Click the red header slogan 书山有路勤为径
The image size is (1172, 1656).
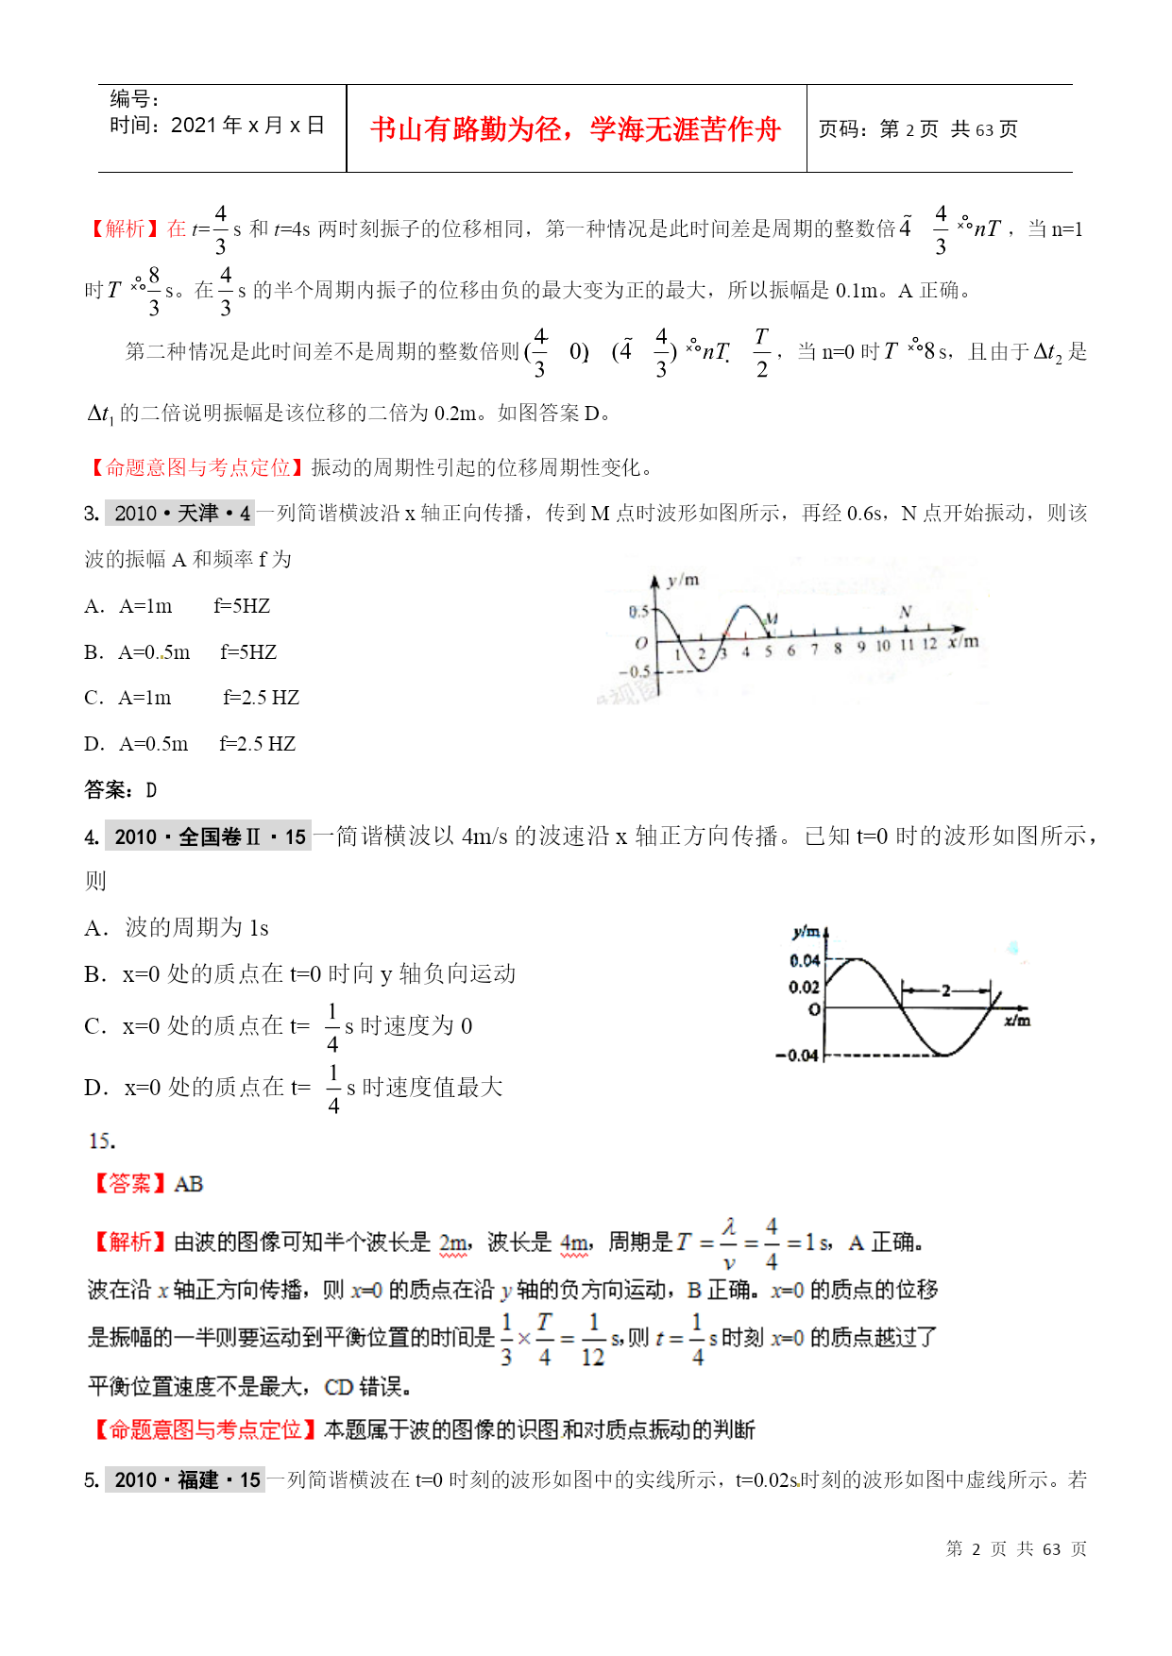[575, 129]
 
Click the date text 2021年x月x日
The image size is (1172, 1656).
[247, 126]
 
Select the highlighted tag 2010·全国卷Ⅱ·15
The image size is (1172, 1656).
[210, 836]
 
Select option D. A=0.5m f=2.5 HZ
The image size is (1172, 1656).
[190, 744]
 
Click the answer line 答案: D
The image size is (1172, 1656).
[120, 790]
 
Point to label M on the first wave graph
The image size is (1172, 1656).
[772, 619]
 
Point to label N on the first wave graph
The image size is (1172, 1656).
[905, 613]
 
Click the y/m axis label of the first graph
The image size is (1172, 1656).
[683, 580]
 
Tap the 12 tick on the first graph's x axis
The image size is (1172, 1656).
[929, 645]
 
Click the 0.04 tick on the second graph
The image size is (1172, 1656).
[805, 961]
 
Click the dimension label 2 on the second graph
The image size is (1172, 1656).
[945, 990]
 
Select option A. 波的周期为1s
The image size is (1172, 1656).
[177, 928]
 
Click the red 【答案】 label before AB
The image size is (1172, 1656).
[130, 1184]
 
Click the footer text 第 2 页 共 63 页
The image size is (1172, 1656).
[1016, 1549]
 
